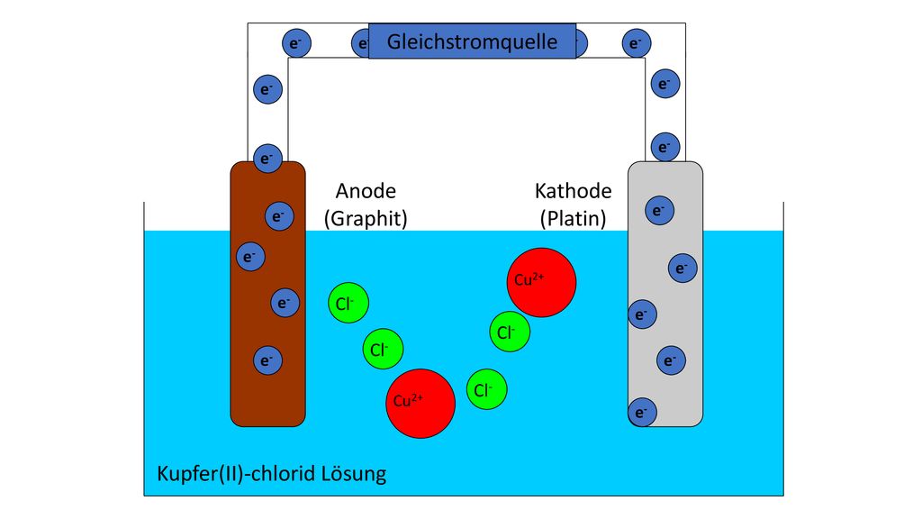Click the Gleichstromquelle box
[472, 41]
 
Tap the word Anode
[366, 191]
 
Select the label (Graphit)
[366, 218]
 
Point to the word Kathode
[574, 191]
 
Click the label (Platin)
[574, 218]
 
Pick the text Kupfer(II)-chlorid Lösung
[272, 474]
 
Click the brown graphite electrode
[267, 294]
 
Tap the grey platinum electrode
[665, 294]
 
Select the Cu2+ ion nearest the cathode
[541, 282]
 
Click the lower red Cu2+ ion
[420, 404]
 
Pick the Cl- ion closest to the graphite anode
[348, 303]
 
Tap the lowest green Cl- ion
[487, 389]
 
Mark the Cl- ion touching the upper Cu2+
[510, 332]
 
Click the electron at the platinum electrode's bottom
[642, 413]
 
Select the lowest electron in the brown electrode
[267, 360]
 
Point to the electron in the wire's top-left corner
[296, 43]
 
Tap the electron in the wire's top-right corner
[637, 43]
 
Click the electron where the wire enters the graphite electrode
[267, 159]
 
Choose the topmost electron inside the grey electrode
[660, 210]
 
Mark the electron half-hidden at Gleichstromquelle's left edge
[360, 43]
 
